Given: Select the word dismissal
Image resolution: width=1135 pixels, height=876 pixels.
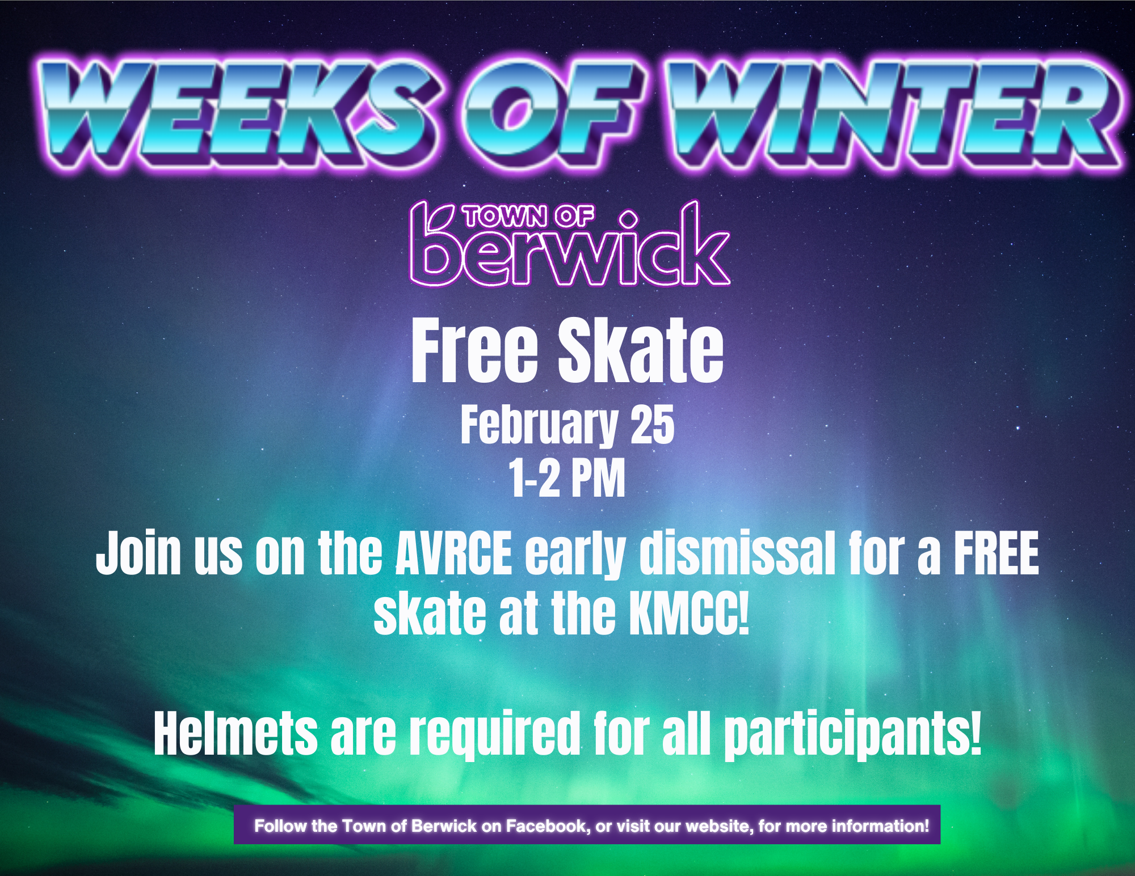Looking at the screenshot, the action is point(737,553).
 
